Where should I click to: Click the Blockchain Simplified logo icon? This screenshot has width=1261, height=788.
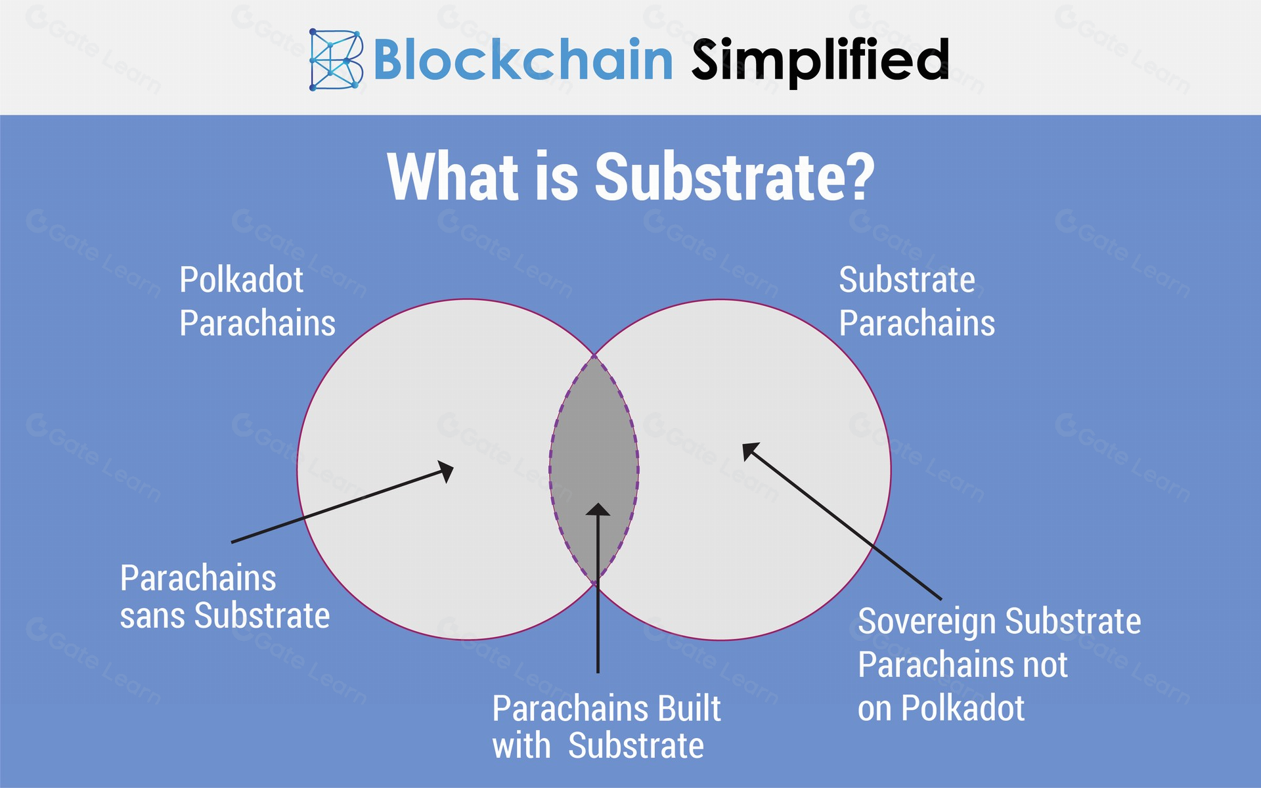(336, 60)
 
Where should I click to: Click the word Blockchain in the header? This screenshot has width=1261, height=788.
(523, 60)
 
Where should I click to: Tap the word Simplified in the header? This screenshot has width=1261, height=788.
(820, 60)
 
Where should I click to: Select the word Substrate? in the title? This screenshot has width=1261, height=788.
(734, 177)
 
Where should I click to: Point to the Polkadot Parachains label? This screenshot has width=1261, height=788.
(257, 301)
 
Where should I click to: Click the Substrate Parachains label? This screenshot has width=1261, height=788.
(916, 301)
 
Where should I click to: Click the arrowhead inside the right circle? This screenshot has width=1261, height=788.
(751, 451)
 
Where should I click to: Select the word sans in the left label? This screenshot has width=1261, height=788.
(152, 617)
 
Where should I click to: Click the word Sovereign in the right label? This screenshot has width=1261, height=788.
(927, 622)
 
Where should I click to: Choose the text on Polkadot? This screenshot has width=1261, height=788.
(940, 709)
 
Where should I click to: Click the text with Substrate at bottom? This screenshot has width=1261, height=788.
(598, 746)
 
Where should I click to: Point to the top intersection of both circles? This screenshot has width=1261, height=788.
(594, 355)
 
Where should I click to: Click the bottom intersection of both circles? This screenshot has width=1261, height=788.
(594, 583)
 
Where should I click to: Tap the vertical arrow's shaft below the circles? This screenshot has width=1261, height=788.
(598, 630)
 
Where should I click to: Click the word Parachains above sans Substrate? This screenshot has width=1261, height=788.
(198, 579)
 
